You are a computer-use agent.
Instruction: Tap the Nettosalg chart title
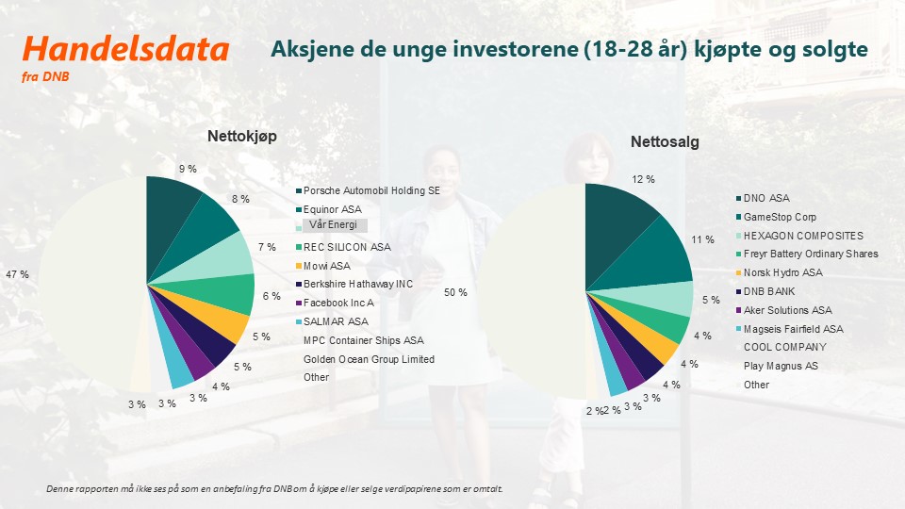665,142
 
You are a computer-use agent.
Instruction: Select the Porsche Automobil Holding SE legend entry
371,190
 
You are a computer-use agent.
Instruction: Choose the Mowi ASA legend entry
326,266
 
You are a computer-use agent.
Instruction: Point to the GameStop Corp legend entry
780,217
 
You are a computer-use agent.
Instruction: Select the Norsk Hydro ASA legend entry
782,272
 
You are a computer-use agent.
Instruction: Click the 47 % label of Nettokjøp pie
18,274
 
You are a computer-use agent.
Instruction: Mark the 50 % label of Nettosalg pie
455,293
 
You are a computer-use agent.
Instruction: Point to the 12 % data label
644,179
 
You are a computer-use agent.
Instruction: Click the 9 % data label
188,169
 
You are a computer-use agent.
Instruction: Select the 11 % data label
703,240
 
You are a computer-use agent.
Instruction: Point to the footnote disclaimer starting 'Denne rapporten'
274,489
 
